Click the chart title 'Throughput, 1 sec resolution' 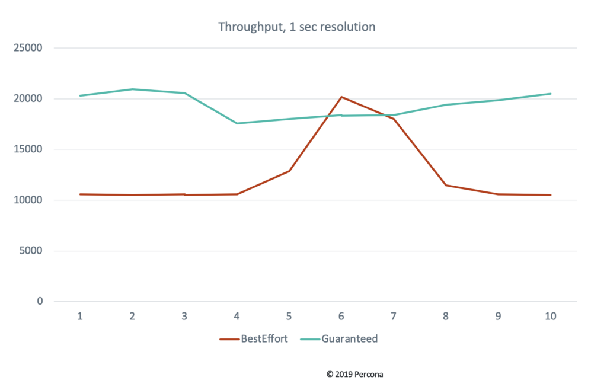pos(296,27)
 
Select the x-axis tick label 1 pos(80,317)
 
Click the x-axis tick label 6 pos(341,317)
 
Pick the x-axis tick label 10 pos(551,317)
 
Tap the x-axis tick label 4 pos(237,317)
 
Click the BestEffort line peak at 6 pos(341,97)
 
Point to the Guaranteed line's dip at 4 pos(237,123)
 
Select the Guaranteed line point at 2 pos(132,89)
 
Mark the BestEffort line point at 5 pos(289,171)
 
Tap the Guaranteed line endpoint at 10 pos(551,94)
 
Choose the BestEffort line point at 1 pos(80,194)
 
